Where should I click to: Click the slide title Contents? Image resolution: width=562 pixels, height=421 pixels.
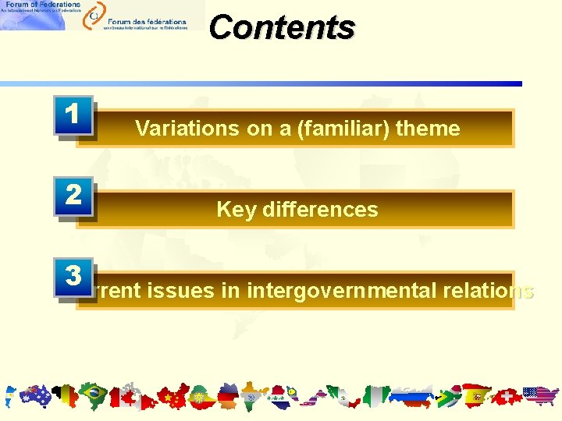(x=282, y=27)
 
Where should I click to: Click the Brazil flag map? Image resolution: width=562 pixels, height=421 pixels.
(x=93, y=396)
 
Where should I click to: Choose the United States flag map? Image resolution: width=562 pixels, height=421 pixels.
(x=541, y=397)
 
